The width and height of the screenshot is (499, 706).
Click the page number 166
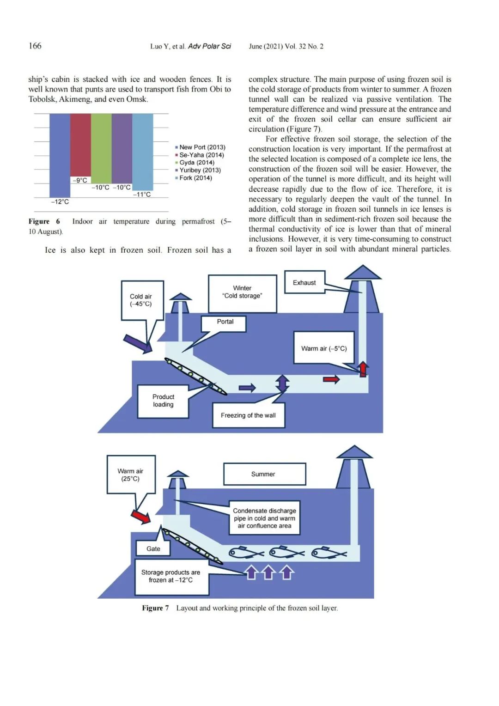coord(35,46)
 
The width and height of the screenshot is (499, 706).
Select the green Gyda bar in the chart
coord(101,148)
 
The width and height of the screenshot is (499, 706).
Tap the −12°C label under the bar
coord(60,202)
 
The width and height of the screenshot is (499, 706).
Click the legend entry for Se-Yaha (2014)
coord(200,155)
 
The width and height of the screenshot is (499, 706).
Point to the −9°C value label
coord(80,180)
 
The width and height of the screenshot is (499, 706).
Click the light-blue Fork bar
coord(142,152)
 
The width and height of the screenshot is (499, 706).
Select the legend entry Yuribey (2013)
coord(198,170)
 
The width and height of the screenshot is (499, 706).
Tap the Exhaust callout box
coord(304,282)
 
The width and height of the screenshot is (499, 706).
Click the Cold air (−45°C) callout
coord(142,300)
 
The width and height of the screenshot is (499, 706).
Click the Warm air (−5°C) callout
coord(324,347)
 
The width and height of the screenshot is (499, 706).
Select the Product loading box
coord(163,401)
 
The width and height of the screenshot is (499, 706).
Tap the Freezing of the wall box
coord(249,415)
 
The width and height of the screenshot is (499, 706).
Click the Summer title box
coord(264,474)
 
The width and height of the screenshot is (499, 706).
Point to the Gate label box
coord(153,549)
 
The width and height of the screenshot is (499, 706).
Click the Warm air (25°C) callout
coord(131,475)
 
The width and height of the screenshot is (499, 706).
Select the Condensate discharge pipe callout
coord(264,518)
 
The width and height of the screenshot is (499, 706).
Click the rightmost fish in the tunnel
coord(329,552)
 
